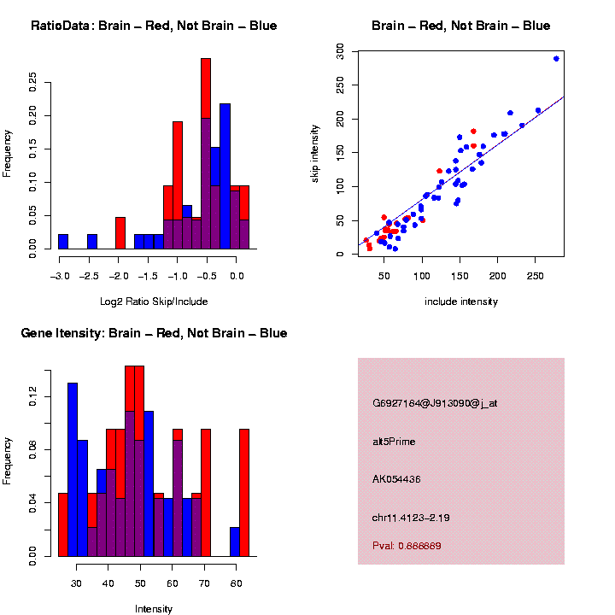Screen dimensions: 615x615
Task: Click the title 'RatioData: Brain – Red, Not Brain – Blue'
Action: click(x=154, y=26)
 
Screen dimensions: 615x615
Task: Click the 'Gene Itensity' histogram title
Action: click(x=154, y=333)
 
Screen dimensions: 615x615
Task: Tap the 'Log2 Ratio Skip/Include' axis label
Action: click(x=154, y=302)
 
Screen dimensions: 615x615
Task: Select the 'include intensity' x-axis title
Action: click(x=461, y=302)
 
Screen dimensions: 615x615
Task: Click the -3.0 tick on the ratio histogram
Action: click(x=59, y=277)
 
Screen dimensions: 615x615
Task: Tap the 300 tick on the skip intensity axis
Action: click(x=340, y=52)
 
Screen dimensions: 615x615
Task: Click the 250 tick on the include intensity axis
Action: click(x=536, y=277)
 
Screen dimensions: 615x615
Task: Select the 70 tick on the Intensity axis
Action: click(x=205, y=584)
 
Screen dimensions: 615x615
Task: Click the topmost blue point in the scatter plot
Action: click(x=556, y=59)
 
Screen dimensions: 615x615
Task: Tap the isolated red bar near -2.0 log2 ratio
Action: click(x=120, y=233)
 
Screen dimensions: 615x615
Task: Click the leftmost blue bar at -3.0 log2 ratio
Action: click(x=63, y=242)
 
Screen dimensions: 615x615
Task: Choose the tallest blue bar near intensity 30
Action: click(x=73, y=470)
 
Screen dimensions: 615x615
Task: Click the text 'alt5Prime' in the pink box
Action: click(x=394, y=442)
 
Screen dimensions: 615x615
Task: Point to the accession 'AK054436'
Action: click(x=396, y=479)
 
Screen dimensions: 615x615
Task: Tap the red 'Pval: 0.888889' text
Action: click(x=407, y=545)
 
